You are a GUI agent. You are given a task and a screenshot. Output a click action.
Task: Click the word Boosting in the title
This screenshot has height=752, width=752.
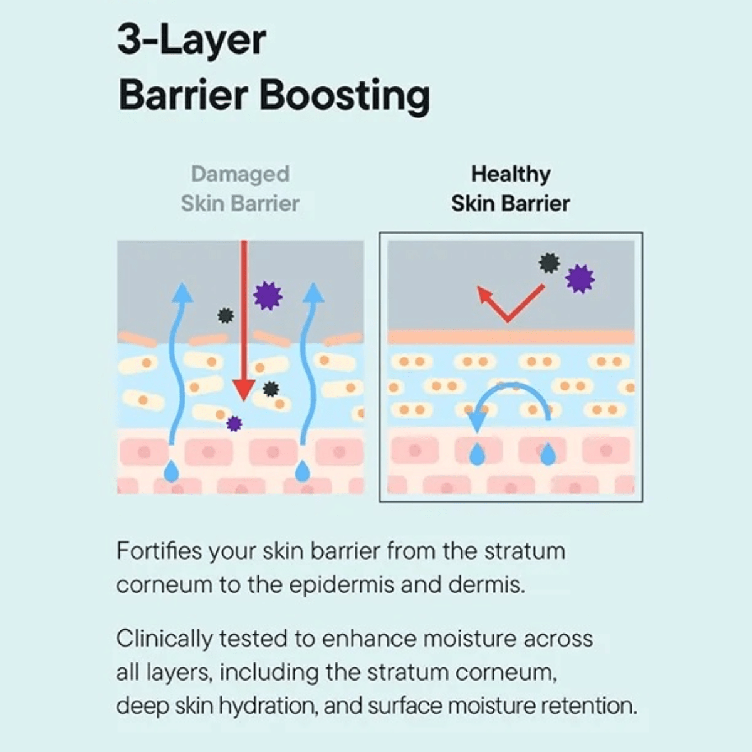tap(345, 96)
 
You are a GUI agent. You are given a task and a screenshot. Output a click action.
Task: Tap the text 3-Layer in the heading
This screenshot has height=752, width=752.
tap(192, 40)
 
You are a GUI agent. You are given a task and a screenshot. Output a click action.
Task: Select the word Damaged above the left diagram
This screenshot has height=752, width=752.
tap(240, 174)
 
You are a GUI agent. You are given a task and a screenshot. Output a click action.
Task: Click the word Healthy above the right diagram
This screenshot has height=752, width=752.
tap(511, 174)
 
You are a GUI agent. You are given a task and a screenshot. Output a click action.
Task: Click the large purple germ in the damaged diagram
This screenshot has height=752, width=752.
tap(268, 295)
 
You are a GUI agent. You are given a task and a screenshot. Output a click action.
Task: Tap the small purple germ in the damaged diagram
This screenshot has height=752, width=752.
tap(234, 424)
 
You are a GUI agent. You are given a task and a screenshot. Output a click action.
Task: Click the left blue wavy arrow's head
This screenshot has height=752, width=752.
tap(182, 293)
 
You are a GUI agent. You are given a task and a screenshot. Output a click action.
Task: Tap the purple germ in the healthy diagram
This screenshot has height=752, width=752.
tap(580, 278)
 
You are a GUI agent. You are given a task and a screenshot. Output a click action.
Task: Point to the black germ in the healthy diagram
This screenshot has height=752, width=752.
tap(550, 263)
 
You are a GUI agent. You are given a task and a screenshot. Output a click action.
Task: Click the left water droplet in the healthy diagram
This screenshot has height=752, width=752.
tap(478, 454)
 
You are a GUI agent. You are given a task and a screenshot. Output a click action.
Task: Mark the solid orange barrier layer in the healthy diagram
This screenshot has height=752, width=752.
tap(511, 337)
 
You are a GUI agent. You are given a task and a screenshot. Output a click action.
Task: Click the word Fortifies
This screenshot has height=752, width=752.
tap(159, 551)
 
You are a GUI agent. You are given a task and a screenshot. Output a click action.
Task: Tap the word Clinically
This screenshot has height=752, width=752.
tap(164, 639)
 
